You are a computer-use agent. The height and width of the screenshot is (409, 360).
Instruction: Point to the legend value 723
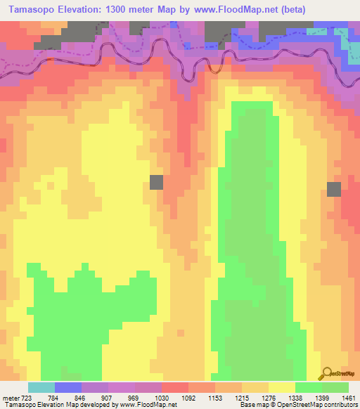coord(25,398)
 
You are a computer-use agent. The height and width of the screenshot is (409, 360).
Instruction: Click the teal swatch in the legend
coord(41,387)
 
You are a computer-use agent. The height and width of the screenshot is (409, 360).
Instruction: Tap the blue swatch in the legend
coord(68,387)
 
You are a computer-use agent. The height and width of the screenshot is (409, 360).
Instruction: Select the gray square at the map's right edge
coord(334,188)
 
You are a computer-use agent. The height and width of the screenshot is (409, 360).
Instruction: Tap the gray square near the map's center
coord(156,182)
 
